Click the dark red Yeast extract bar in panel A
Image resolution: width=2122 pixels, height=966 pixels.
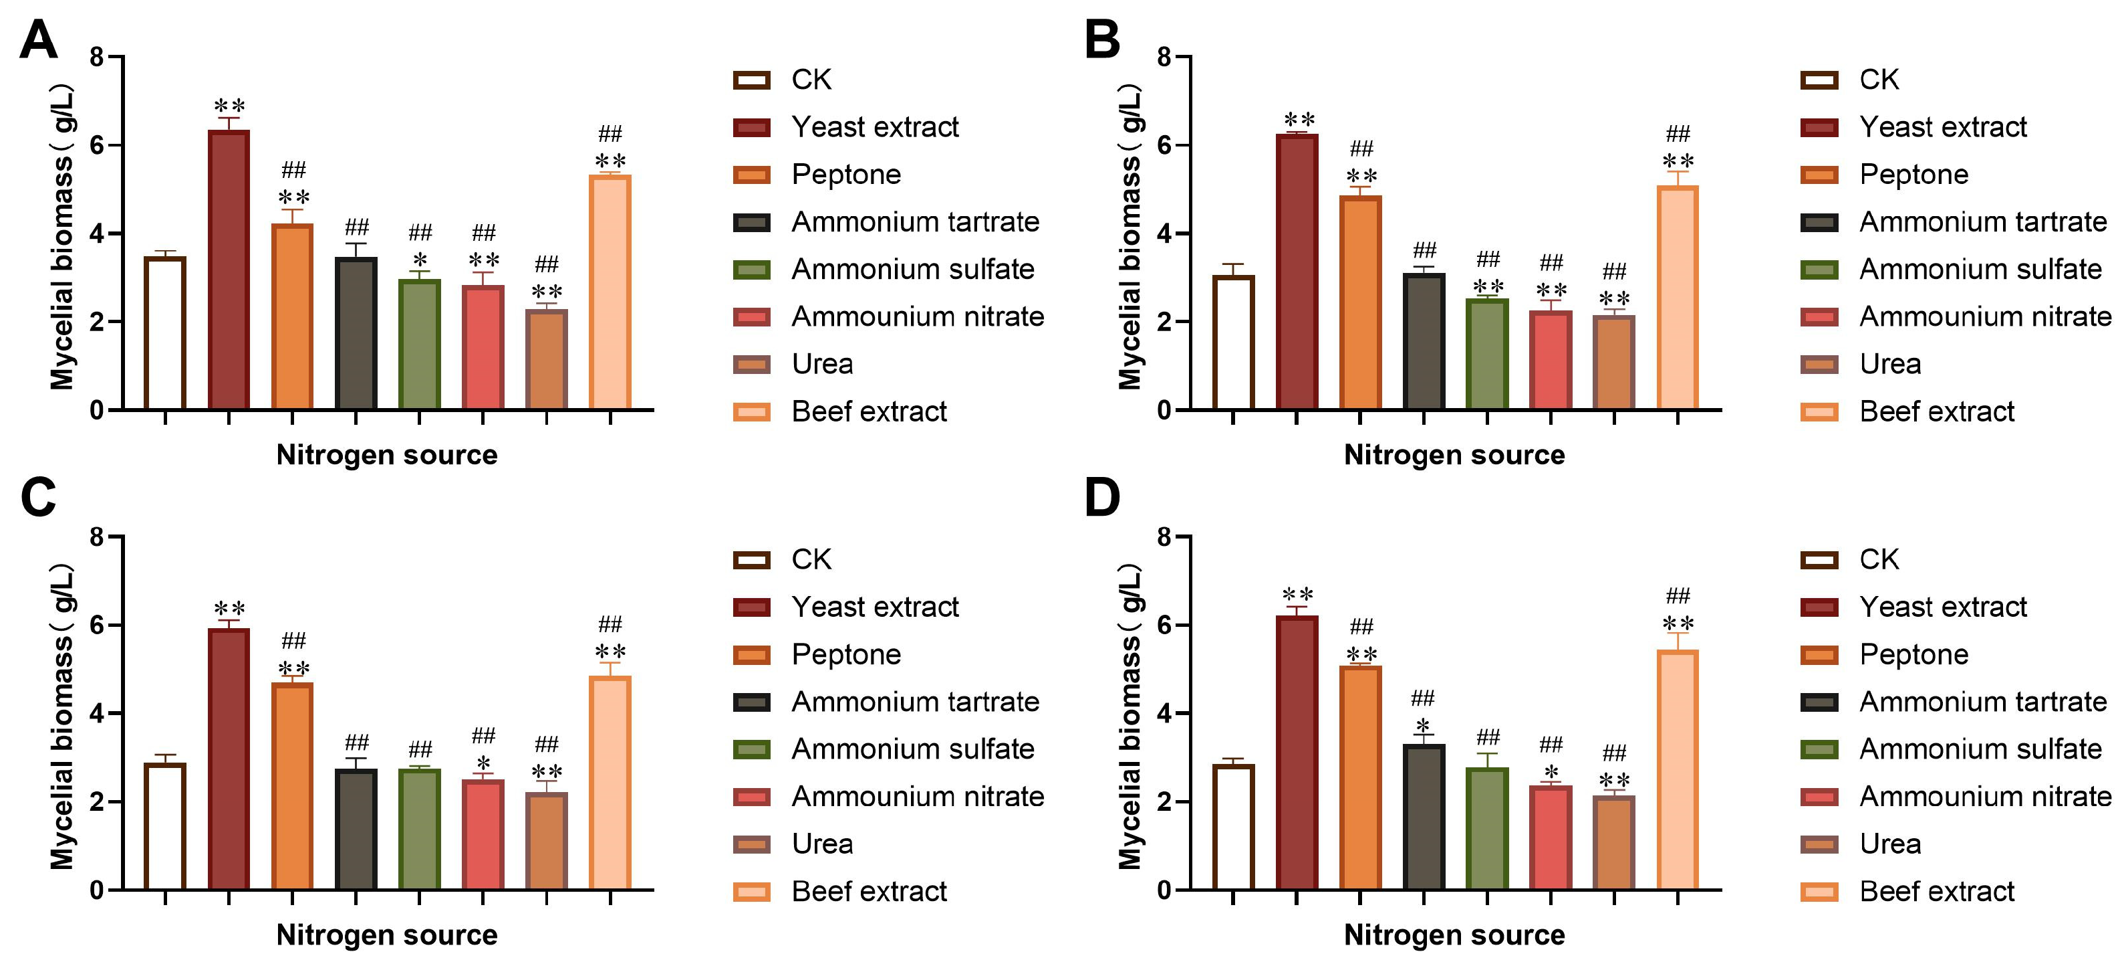(x=229, y=270)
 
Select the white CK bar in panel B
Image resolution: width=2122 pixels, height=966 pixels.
(x=1233, y=343)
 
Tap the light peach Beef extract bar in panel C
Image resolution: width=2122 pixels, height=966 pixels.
(x=610, y=783)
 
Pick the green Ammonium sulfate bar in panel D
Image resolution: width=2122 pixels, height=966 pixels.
(x=1487, y=829)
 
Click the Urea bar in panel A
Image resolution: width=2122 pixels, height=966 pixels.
(x=547, y=359)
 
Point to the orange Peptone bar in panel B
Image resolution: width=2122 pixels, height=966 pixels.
(x=1360, y=302)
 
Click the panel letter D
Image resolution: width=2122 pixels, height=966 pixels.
(x=1102, y=498)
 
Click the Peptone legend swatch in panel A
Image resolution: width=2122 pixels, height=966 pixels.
(x=751, y=175)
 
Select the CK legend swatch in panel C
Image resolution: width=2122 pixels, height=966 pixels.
(x=751, y=561)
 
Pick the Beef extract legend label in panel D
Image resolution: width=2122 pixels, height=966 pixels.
(x=1937, y=891)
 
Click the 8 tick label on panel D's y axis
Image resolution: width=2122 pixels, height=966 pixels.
(x=1164, y=537)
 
